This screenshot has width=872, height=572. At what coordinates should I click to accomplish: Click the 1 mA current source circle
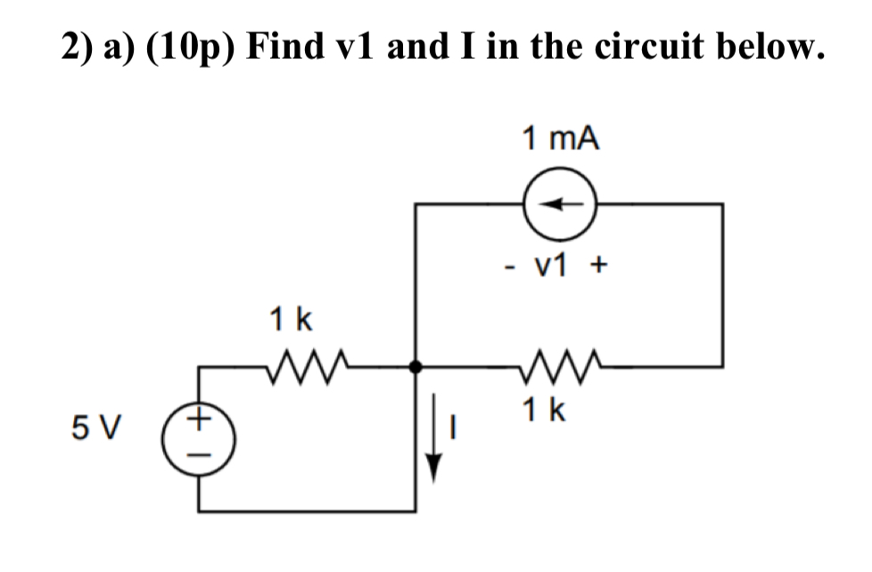click(x=560, y=204)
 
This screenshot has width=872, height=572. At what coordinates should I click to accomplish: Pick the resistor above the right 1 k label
click(x=555, y=364)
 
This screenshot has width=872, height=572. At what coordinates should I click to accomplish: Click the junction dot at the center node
click(x=415, y=365)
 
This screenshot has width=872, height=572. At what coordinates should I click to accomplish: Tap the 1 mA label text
click(x=560, y=138)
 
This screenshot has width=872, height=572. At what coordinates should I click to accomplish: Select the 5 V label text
click(x=95, y=429)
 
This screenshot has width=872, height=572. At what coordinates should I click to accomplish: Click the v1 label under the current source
click(x=559, y=265)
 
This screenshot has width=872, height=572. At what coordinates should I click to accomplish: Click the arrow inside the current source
click(x=560, y=204)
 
